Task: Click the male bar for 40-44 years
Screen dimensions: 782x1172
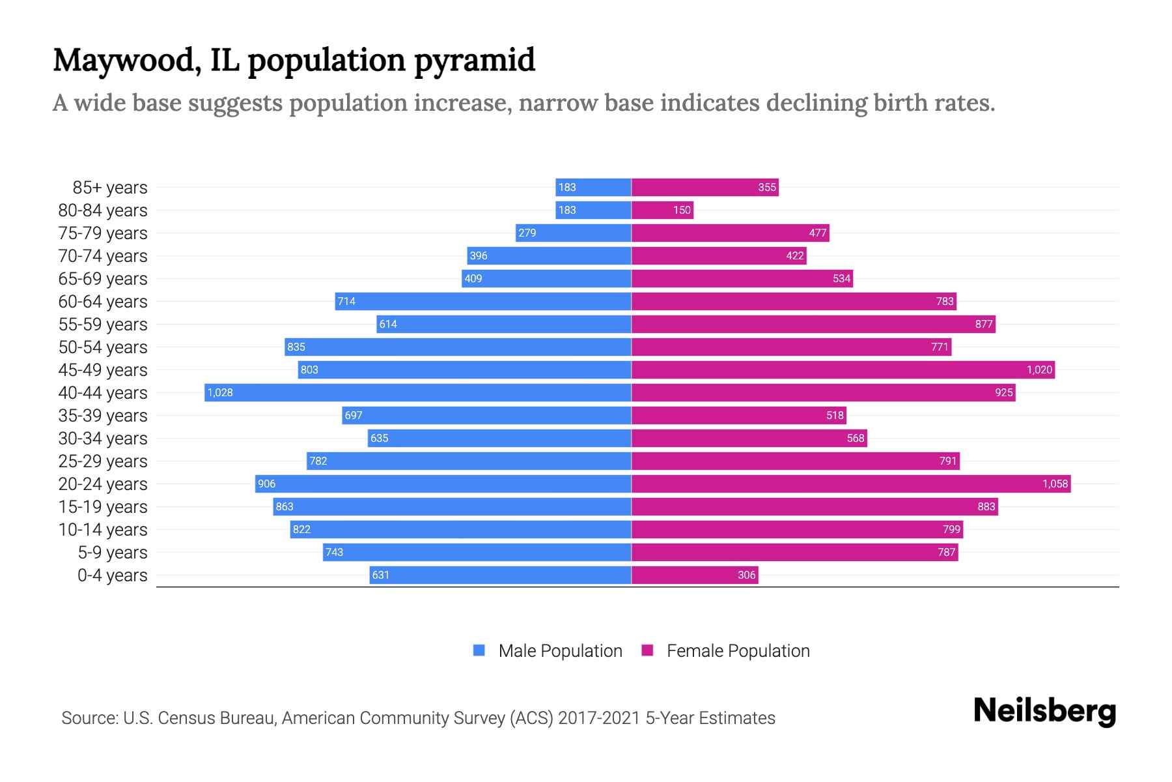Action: pos(417,392)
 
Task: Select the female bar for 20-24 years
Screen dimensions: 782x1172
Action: pos(850,484)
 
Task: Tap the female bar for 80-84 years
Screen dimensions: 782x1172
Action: pos(662,210)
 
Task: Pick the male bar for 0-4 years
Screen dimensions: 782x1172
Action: pos(500,575)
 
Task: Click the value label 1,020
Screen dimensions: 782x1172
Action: pos(1039,369)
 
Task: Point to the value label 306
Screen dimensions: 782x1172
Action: pos(746,575)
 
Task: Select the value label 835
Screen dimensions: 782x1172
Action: pos(296,347)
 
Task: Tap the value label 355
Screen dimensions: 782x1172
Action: pos(767,187)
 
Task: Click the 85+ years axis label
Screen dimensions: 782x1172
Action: pos(109,188)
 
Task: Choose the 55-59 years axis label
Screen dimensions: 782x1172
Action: pos(103,325)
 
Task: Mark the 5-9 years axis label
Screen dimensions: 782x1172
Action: pos(112,553)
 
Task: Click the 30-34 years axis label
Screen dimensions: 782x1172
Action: pos(103,439)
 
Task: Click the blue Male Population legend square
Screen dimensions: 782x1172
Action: pos(479,650)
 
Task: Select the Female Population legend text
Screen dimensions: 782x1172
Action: pos(738,651)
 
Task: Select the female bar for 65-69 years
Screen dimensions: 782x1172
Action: pos(742,278)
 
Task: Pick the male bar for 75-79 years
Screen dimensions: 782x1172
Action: pos(573,233)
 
